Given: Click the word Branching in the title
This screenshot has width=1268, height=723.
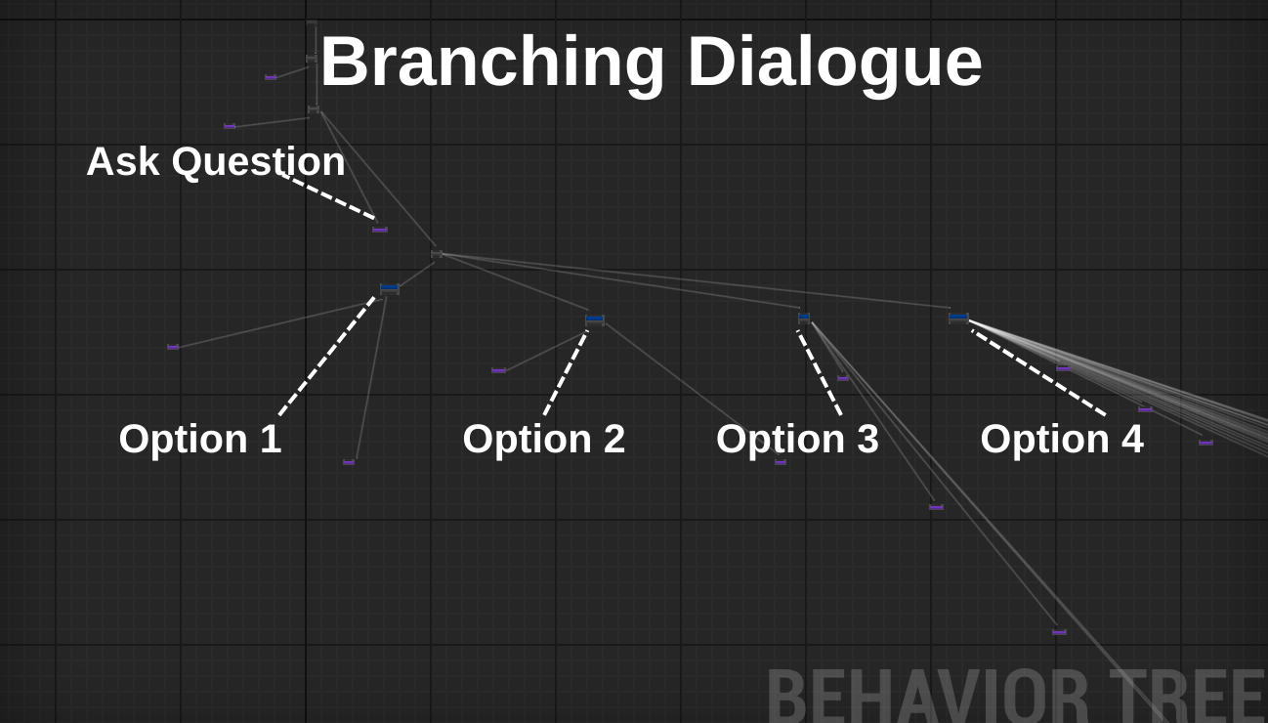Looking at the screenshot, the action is tap(492, 63).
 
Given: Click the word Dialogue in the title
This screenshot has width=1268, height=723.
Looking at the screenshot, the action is tap(835, 62).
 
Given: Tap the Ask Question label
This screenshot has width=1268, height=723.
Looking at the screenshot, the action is tap(216, 162).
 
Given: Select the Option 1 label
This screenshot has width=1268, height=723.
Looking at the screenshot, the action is tap(200, 439).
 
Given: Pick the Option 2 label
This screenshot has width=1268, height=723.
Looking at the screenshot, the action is tap(544, 439).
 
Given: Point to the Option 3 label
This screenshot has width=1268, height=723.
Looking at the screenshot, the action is tap(797, 439).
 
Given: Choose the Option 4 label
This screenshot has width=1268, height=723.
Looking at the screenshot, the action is tap(1062, 439).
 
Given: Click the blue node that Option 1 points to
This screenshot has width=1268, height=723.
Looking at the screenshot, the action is tap(390, 289).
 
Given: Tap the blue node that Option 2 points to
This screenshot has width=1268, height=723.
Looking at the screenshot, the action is tap(595, 319).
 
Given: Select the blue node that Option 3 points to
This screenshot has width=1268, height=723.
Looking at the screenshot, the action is tap(804, 318).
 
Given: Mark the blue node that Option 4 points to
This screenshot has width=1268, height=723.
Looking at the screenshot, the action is tap(958, 318).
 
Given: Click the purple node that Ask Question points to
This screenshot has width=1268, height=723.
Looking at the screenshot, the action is tap(380, 230).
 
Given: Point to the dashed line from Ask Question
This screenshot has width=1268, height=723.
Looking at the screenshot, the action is tap(328, 196).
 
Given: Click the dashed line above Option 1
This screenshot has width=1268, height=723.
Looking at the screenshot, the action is tap(327, 356).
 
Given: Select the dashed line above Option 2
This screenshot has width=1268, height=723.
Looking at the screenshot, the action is tap(566, 373).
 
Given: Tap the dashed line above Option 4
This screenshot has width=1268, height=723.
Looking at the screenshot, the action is tap(1038, 373).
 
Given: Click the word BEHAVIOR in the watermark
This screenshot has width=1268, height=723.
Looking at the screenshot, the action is tap(928, 696).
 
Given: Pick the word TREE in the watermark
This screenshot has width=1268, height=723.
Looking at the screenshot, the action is tap(1187, 696).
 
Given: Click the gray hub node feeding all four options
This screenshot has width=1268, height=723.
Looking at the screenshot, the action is tap(437, 254).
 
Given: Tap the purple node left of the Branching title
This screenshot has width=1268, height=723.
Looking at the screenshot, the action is tap(271, 77).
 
